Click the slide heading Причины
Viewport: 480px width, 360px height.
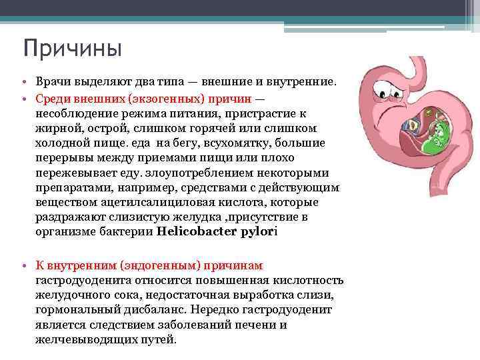(x=72, y=49)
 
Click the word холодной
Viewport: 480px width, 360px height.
(x=63, y=143)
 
